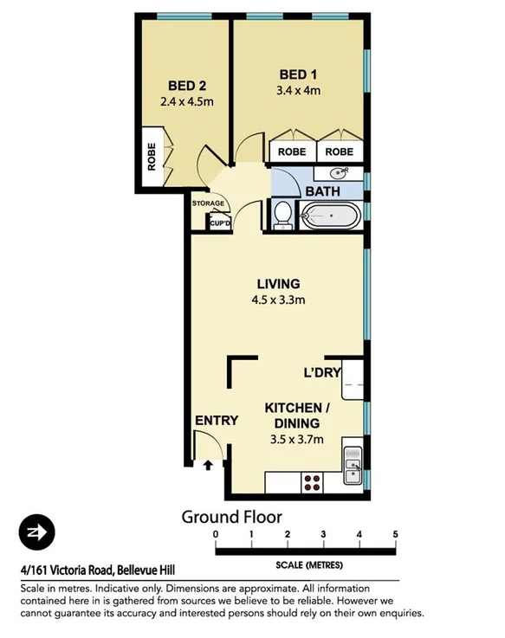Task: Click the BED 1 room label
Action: pos(296,74)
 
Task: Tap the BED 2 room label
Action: pos(185,86)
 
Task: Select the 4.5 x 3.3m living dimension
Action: pos(278,300)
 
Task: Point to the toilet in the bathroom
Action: pos(282,215)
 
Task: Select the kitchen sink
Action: pos(352,468)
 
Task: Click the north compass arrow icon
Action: pos(37,531)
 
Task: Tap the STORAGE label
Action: pos(208,204)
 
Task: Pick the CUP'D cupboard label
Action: pos(220,223)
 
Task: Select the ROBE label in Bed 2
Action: pos(151,157)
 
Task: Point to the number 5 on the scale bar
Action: pos(395,534)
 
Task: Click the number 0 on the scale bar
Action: pos(216,534)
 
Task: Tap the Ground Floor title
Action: pos(230,517)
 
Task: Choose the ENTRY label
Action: pos(216,421)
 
